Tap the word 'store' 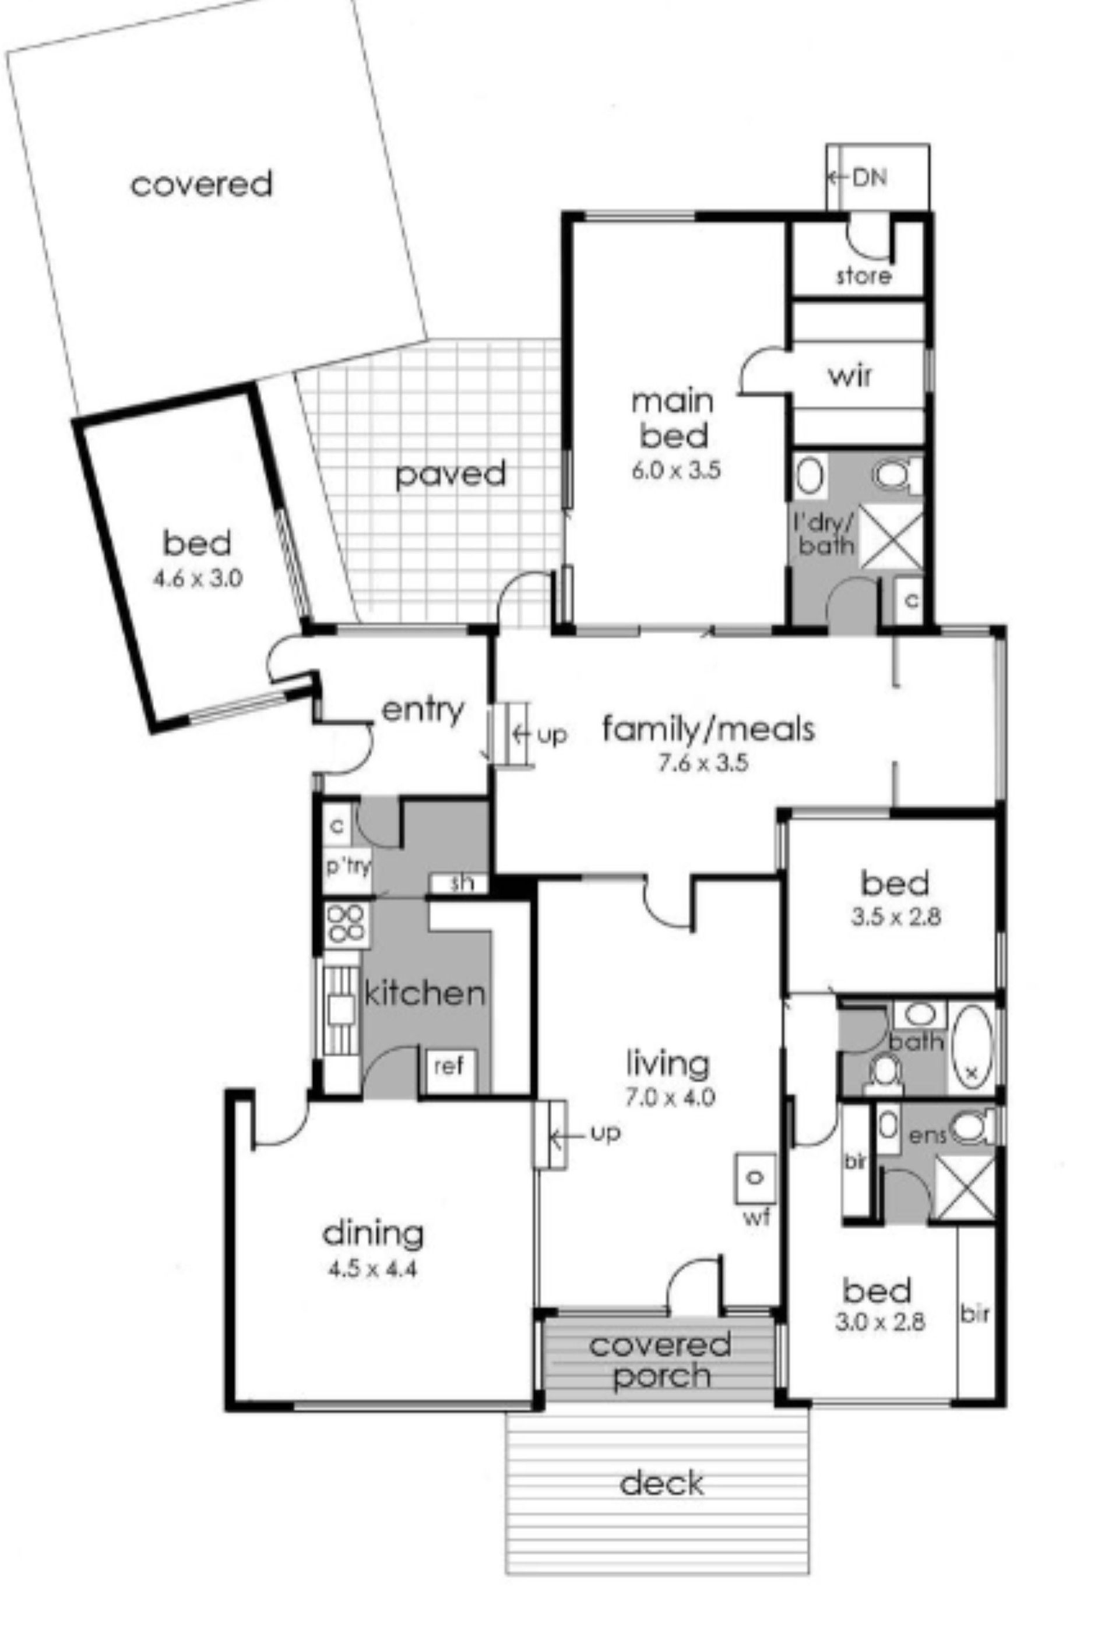[864, 276]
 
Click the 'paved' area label [451, 474]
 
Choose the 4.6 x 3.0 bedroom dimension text [198, 579]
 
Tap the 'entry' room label [423, 710]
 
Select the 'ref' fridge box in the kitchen [448, 1068]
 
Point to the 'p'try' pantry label [347, 866]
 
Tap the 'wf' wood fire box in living [755, 1178]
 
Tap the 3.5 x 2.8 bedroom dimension [895, 916]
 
